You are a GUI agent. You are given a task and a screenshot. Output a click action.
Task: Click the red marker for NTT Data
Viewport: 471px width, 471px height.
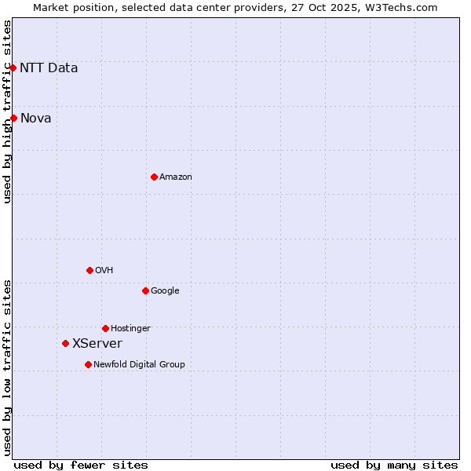[13, 68]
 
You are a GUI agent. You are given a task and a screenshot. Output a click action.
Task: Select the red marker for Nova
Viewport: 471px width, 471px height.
[13, 118]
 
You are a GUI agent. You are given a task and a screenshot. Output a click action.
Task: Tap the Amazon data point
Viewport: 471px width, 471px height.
[154, 177]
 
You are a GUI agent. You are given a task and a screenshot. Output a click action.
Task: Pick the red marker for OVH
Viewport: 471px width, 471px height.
[89, 270]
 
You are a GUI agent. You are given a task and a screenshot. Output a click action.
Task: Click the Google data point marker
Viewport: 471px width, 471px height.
[145, 290]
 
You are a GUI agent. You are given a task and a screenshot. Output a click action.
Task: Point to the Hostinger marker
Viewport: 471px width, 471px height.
[105, 328]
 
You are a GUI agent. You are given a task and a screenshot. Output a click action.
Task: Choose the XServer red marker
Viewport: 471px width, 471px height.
[65, 343]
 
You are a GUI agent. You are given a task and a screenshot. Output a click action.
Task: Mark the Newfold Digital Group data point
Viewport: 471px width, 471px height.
[88, 364]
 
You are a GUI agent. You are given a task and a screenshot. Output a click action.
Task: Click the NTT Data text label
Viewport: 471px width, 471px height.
[49, 68]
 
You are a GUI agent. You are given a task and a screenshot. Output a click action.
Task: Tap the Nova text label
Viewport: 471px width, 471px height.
[35, 118]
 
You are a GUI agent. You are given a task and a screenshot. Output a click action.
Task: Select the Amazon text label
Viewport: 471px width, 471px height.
[176, 177]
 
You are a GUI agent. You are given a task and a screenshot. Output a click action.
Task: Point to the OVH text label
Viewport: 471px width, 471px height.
[104, 270]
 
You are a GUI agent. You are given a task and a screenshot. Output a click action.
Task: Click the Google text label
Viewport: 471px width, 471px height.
[165, 290]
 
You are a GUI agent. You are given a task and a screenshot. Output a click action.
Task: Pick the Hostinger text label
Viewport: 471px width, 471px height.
[130, 328]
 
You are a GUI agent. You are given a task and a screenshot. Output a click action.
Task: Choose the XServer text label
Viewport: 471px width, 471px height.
[97, 343]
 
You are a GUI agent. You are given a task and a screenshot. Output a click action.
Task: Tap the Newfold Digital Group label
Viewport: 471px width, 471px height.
[139, 364]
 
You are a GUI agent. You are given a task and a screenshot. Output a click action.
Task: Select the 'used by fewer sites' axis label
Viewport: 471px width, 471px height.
[81, 465]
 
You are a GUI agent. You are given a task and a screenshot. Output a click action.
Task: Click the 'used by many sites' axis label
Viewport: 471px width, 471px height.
[394, 465]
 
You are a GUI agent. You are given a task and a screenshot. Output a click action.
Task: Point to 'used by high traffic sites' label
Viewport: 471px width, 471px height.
[7, 111]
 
